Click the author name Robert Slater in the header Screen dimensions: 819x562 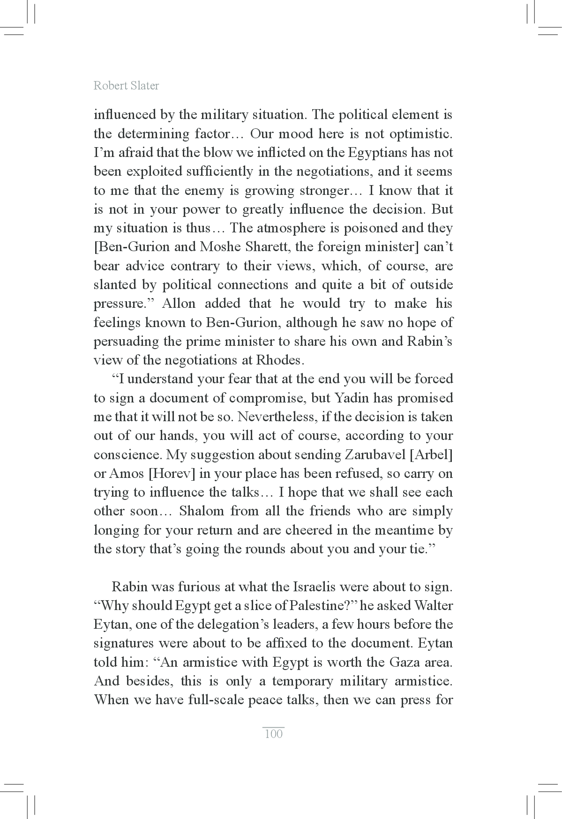[126, 86]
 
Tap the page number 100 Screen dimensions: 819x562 [274, 734]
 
